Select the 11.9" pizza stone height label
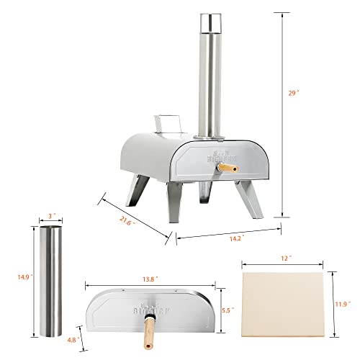[345, 304]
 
